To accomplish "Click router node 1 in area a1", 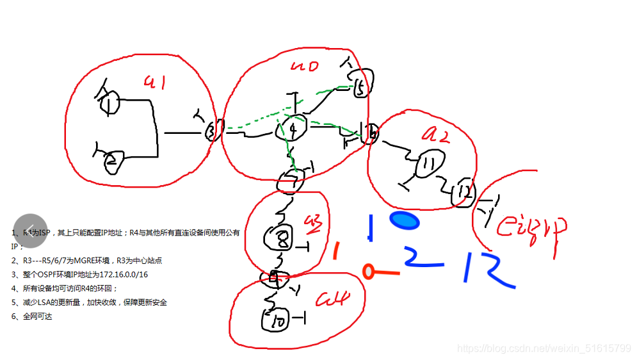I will (111, 102).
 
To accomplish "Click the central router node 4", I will (292, 129).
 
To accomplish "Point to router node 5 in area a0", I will (361, 88).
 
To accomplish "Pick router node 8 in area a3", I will (280, 239).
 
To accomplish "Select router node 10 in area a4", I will (278, 320).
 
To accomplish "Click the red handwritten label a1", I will (155, 82).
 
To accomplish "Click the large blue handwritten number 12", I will (488, 270).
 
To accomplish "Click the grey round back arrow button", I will (30, 231).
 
